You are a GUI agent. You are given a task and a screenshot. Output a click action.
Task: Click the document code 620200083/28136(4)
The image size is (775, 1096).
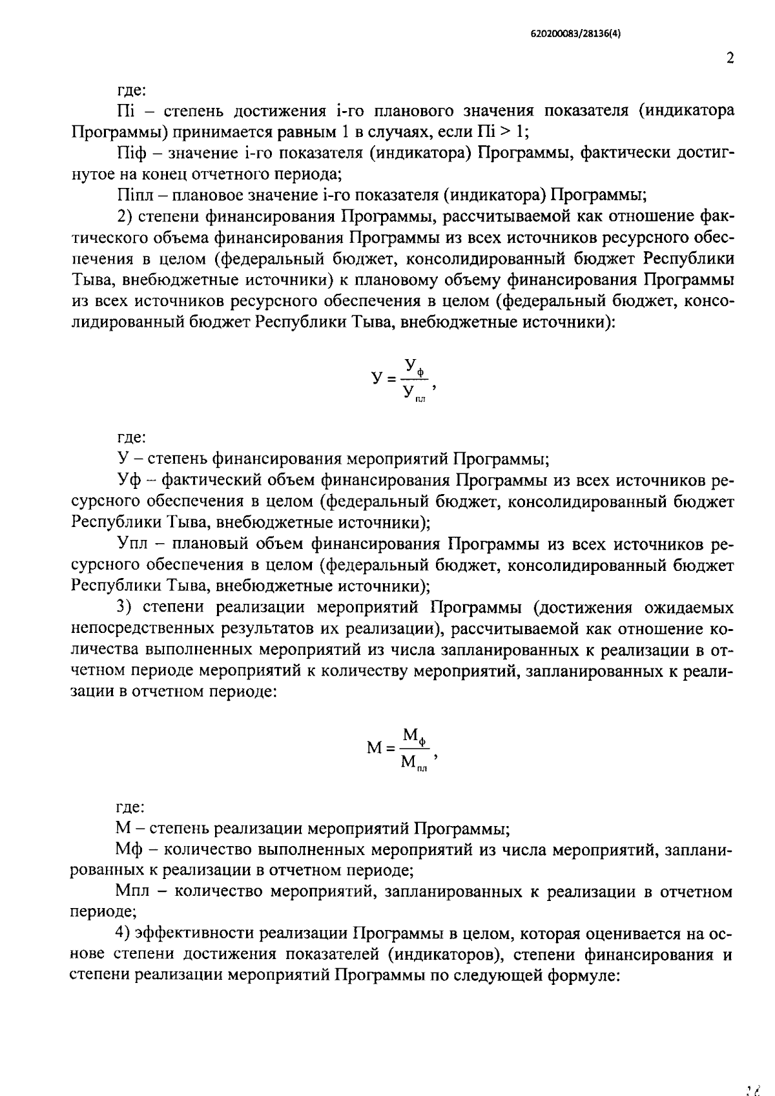(570, 35)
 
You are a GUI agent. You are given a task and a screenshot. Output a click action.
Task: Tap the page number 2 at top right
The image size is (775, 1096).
(730, 59)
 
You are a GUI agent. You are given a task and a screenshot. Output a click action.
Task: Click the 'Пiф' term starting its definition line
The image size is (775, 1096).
(133, 152)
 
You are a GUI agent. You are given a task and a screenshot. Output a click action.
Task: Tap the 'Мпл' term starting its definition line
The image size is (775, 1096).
(132, 892)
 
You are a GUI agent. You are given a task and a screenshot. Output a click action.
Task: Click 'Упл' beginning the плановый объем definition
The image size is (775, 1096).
(134, 544)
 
